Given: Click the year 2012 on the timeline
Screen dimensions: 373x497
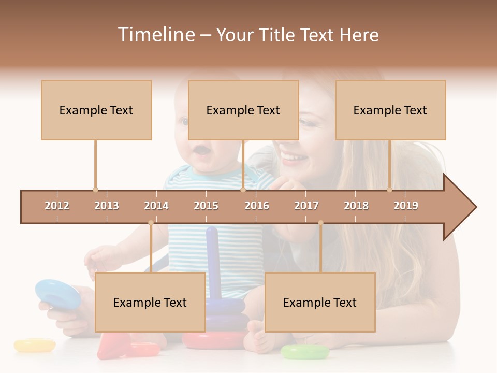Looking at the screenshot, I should pyautogui.click(x=57, y=206).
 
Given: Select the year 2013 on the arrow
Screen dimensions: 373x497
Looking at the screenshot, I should pyautogui.click(x=107, y=206).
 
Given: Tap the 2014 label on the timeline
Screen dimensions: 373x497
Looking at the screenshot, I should pyautogui.click(x=156, y=206).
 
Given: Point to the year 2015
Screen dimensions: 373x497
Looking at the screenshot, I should pyautogui.click(x=206, y=206).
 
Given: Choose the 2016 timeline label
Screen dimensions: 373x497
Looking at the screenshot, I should pyautogui.click(x=257, y=206).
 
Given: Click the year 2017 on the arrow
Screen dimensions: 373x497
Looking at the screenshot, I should pyautogui.click(x=306, y=206).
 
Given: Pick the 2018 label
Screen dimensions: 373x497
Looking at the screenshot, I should pyautogui.click(x=356, y=206).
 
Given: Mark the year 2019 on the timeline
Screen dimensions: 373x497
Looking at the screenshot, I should pyautogui.click(x=406, y=206).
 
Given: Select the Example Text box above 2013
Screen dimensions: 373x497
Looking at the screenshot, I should pyautogui.click(x=96, y=110).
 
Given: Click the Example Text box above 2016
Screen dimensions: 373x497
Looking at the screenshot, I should pyautogui.click(x=243, y=110).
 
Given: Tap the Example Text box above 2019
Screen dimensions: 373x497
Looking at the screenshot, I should pyautogui.click(x=390, y=110).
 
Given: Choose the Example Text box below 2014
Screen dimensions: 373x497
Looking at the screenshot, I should pyautogui.click(x=150, y=302).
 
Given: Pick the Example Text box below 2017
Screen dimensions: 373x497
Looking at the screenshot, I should pyautogui.click(x=320, y=302).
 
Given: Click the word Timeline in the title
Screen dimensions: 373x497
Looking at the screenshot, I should pyautogui.click(x=156, y=35).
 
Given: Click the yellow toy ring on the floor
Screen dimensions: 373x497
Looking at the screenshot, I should pyautogui.click(x=34, y=345).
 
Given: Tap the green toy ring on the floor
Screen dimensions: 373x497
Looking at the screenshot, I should pyautogui.click(x=304, y=352).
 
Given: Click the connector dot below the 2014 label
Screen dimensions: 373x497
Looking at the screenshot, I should pyautogui.click(x=151, y=223).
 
